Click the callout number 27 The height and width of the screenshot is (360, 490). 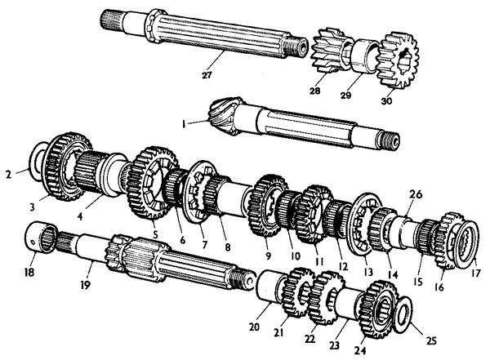click(x=207, y=75)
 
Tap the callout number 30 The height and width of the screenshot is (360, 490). click(x=386, y=101)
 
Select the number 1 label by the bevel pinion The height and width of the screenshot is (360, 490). click(x=184, y=124)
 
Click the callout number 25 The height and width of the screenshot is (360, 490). click(x=431, y=340)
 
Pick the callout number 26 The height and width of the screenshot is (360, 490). click(x=416, y=194)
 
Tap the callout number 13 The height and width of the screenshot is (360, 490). click(x=368, y=272)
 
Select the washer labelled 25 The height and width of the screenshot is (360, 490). click(x=403, y=314)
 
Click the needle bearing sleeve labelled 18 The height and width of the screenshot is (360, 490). click(x=42, y=238)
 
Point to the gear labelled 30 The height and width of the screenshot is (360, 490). click(x=398, y=60)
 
